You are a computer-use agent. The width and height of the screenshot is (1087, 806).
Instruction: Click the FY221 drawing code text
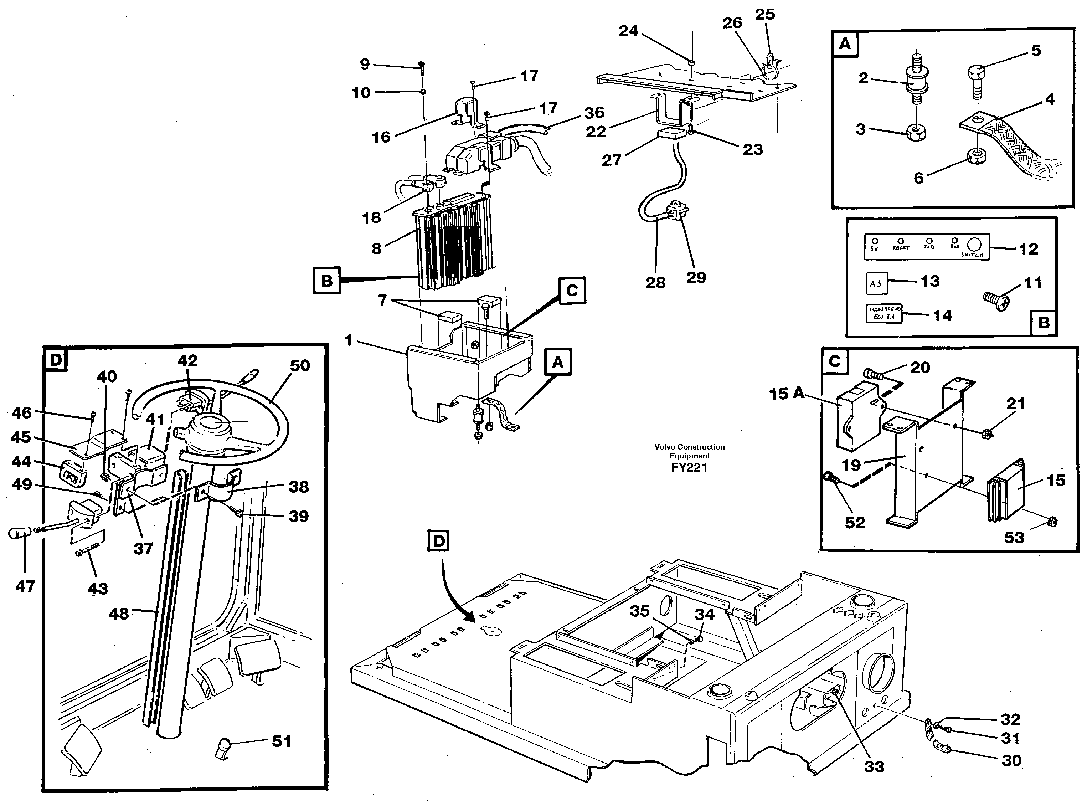pos(689,467)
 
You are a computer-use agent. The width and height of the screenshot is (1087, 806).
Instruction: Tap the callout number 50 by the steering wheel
pos(299,365)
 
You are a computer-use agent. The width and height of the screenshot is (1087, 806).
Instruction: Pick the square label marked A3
pos(876,283)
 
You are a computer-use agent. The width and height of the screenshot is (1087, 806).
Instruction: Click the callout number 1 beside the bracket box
pos(348,340)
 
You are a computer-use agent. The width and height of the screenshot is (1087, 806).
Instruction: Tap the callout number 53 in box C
pos(1014,538)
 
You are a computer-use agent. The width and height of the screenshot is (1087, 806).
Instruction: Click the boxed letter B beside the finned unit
pos(327,281)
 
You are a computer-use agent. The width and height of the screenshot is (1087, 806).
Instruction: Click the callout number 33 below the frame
pos(874,766)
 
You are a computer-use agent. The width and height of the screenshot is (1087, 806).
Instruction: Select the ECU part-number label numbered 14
pos(883,314)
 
